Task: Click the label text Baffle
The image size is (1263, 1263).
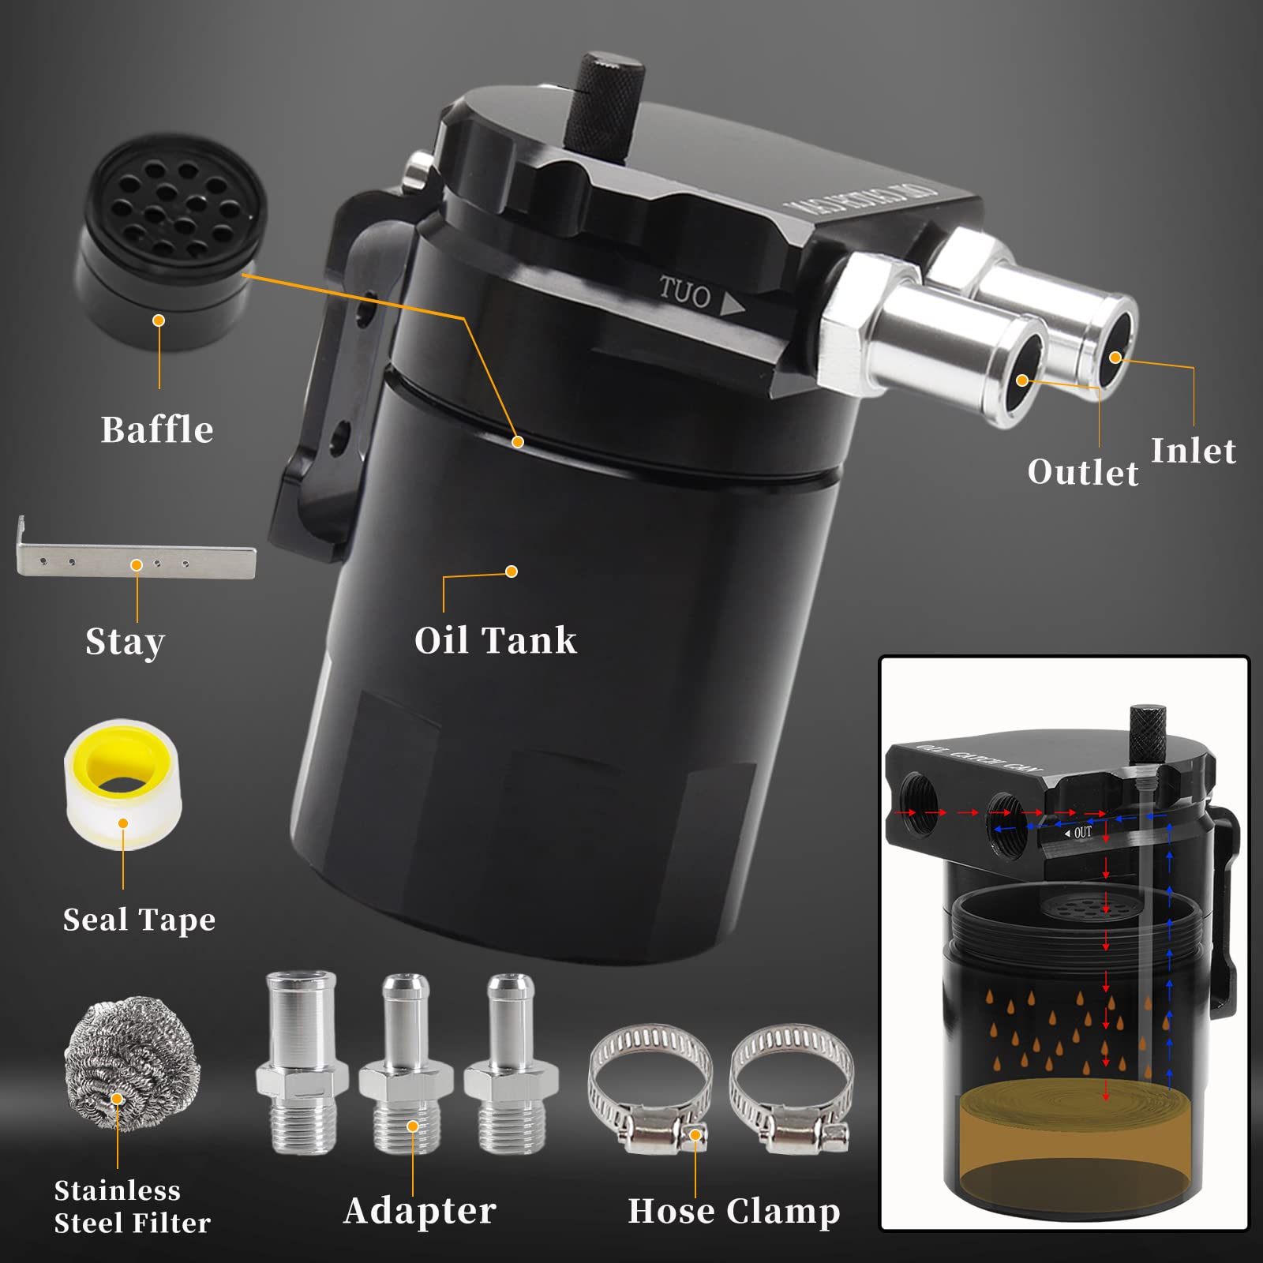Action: [157, 430]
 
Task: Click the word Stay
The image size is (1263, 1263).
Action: [125, 642]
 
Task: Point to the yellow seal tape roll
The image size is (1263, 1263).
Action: [122, 785]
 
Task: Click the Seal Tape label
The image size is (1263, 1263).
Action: [139, 920]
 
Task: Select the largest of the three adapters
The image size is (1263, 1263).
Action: [302, 1062]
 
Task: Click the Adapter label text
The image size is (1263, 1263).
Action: [420, 1210]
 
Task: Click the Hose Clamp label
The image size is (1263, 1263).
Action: [733, 1211]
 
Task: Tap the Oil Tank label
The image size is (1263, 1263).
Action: [496, 640]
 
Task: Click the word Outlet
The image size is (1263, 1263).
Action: [1083, 472]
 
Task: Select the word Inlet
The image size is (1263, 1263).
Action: [1193, 451]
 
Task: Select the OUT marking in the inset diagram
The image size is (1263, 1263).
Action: [1081, 833]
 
